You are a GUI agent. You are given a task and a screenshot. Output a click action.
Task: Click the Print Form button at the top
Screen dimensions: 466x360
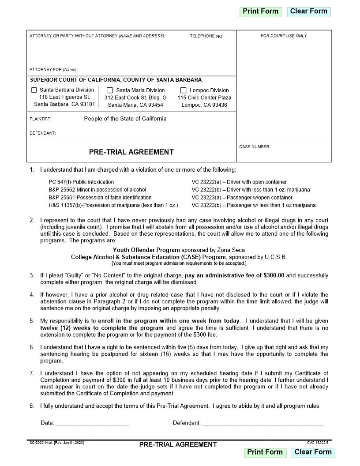(260, 11)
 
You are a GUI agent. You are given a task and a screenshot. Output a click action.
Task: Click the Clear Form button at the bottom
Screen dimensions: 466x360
(313, 452)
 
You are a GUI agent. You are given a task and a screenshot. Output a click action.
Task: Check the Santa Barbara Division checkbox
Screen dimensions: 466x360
(34, 90)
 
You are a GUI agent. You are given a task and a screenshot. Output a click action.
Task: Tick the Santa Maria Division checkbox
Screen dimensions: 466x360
(110, 90)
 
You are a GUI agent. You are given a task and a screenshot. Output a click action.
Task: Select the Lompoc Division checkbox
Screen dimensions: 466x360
(184, 90)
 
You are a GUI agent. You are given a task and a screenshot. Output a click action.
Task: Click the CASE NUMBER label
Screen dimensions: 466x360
(255, 147)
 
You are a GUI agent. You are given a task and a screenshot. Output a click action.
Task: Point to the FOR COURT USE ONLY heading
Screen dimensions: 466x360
(284, 36)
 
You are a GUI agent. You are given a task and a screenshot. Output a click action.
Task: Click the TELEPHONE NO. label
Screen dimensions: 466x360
(206, 36)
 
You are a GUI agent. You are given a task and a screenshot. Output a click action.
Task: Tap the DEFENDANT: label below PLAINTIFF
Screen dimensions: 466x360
(42, 133)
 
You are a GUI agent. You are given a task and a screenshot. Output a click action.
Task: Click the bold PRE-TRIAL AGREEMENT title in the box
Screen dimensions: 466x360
(131, 152)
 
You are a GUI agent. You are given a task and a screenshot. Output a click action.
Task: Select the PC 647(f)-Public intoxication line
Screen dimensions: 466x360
(81, 182)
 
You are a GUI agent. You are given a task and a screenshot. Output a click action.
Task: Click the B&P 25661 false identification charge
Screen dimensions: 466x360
(100, 198)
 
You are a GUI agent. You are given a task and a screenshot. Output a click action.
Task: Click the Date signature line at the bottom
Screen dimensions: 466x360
(92, 423)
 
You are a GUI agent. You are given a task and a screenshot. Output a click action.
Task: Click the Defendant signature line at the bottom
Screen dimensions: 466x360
(262, 423)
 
